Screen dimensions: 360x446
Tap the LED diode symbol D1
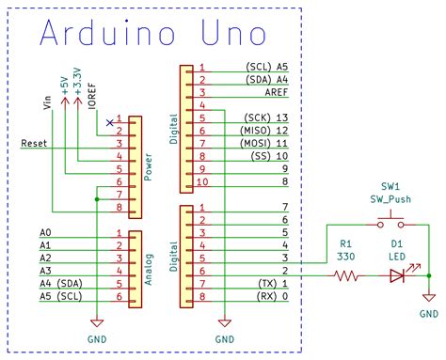[395, 276]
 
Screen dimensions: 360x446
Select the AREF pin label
[275, 94]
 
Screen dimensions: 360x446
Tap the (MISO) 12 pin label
[267, 130]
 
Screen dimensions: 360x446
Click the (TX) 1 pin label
[274, 283]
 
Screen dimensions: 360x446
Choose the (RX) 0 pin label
[274, 296]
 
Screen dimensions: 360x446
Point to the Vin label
[49, 102]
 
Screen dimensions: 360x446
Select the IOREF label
[92, 96]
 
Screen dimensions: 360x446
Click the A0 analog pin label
[45, 231]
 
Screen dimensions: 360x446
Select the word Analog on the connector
[149, 265]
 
